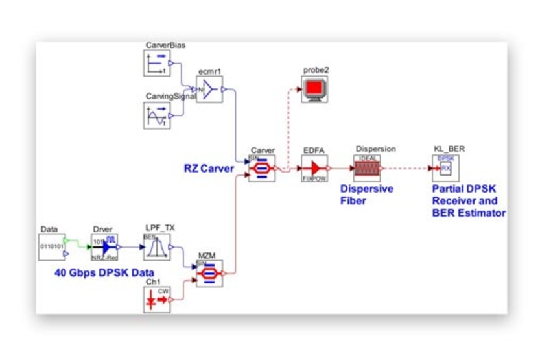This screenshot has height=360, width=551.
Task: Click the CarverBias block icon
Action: click(x=156, y=64)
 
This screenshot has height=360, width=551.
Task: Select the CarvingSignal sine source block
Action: click(x=156, y=115)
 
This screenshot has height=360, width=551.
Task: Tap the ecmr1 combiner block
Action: click(x=209, y=90)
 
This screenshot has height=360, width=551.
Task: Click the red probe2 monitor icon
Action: click(x=314, y=89)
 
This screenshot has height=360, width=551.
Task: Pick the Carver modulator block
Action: click(x=263, y=169)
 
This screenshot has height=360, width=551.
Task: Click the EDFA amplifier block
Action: click(x=314, y=169)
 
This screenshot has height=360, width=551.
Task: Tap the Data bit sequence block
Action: click(x=51, y=247)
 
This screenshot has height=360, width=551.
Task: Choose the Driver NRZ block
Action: click(x=104, y=247)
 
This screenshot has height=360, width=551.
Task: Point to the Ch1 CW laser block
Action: click(x=156, y=300)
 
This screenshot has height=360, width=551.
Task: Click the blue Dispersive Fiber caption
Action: click(x=367, y=194)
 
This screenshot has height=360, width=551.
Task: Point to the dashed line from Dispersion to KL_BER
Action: click(x=408, y=169)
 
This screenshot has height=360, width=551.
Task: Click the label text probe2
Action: click(x=314, y=69)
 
